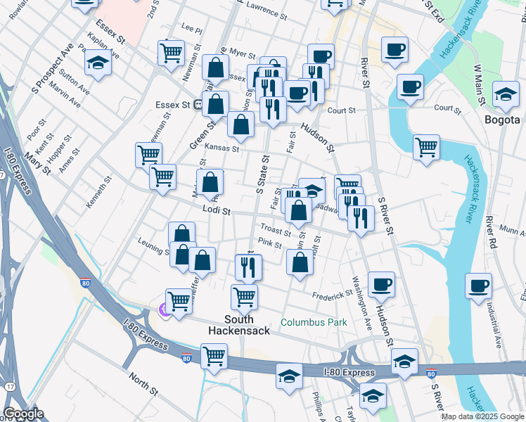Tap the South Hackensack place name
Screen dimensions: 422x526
pos(239,324)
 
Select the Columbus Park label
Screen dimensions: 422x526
pos(314,322)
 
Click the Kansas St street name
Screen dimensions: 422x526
pos(222,148)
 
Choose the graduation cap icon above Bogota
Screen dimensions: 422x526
pos(505,94)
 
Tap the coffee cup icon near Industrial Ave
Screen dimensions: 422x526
pos(478,286)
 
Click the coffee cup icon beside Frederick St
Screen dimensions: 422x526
pos(381,283)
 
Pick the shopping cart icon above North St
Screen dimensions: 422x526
pos(214,354)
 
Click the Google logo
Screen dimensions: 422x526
pos(24,414)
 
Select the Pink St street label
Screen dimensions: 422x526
pos(269,244)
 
